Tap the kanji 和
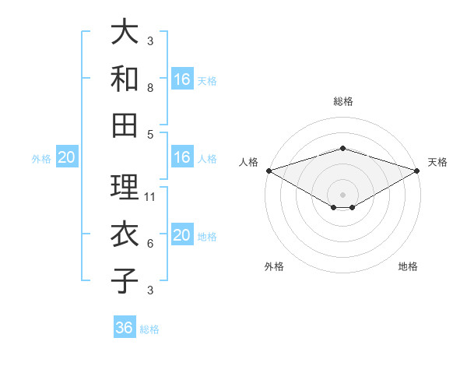[x=125, y=78]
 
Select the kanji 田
[x=125, y=125]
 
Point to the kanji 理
[x=125, y=187]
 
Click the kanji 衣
[x=125, y=234]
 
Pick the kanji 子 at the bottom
[x=125, y=280]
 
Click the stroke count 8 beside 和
[x=150, y=88]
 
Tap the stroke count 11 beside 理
[x=151, y=197]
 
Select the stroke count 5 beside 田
[x=150, y=135]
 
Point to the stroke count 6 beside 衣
[x=150, y=244]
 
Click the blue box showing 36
[x=125, y=328]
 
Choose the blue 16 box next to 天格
[x=182, y=79]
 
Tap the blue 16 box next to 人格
[x=182, y=157]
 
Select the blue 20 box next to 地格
[x=182, y=236]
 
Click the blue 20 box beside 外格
[x=67, y=158]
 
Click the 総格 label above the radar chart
[x=343, y=101]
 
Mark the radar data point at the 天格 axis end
[x=417, y=170]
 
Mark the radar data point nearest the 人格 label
[x=269, y=170]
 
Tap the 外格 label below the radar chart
[x=274, y=266]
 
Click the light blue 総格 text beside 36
[x=149, y=329]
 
